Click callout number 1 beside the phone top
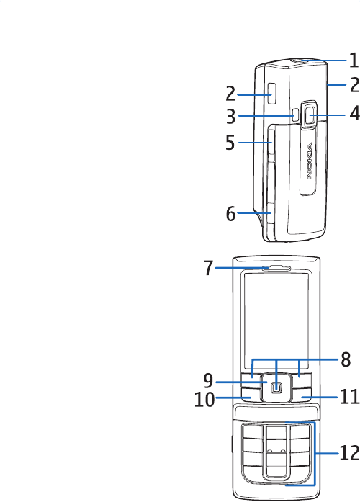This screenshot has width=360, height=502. (354, 60)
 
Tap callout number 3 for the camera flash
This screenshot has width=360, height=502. (230, 116)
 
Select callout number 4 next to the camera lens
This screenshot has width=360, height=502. (354, 113)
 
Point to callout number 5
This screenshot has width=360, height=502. (230, 143)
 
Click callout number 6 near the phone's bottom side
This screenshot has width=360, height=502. (230, 213)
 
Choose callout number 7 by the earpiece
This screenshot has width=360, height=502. (208, 268)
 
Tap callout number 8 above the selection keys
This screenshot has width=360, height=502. (346, 359)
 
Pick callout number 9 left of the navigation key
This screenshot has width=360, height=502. (208, 381)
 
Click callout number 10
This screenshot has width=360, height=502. (204, 399)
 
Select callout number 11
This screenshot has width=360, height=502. (349, 397)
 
